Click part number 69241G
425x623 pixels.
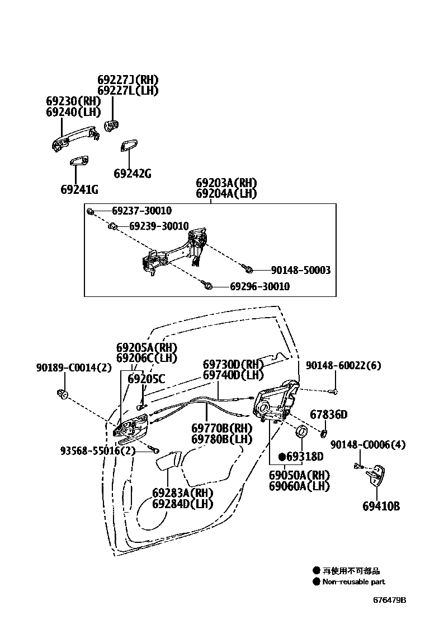click(x=79, y=190)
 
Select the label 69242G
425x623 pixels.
click(x=133, y=174)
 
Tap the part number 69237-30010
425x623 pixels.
click(x=141, y=211)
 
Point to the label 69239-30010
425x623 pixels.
click(x=159, y=226)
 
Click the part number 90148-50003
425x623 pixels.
click(x=301, y=271)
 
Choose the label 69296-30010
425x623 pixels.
click(x=260, y=287)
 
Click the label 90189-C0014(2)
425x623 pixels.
click(x=74, y=368)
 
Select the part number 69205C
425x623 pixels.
click(x=147, y=379)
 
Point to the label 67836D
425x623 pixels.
click(x=329, y=415)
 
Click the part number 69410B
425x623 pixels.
click(x=381, y=506)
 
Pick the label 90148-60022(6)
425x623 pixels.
click(x=343, y=366)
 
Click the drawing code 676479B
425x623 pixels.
click(x=390, y=600)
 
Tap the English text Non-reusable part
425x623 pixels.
click(x=353, y=582)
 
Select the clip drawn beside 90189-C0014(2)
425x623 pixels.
click(x=63, y=394)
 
